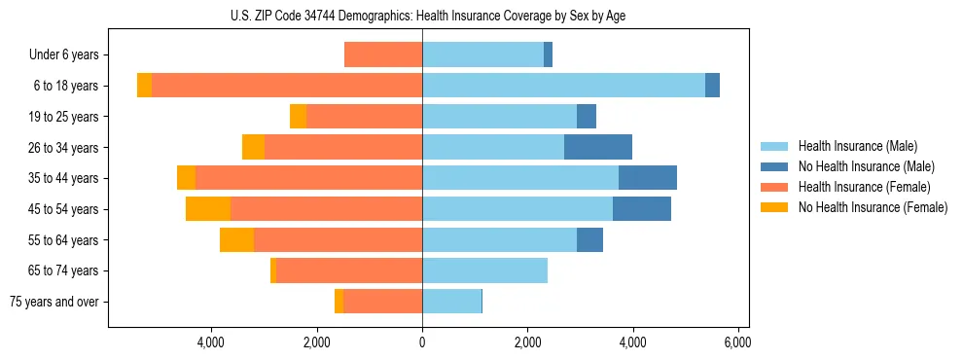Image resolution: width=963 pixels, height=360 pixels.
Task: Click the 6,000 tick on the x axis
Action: click(737, 342)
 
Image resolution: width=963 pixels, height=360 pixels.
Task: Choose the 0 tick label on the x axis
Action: click(422, 342)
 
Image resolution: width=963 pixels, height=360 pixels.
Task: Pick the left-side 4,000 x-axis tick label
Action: click(211, 342)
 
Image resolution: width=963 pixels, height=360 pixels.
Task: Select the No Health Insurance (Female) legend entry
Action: click(872, 207)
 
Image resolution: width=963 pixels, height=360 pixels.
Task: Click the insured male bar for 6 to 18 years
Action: click(563, 86)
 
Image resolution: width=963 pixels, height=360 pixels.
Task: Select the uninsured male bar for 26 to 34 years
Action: click(598, 147)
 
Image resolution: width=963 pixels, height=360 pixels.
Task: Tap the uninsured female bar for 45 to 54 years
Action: click(208, 209)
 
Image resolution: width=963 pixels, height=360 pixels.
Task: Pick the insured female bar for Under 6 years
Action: click(383, 55)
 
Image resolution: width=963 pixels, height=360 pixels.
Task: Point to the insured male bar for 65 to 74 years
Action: click(484, 270)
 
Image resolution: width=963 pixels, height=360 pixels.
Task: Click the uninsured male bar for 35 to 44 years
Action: click(648, 178)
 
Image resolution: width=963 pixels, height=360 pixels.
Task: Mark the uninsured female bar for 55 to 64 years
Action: click(236, 240)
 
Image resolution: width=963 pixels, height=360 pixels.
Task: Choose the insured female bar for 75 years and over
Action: click(382, 302)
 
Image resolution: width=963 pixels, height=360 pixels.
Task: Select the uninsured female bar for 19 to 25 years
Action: click(298, 117)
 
